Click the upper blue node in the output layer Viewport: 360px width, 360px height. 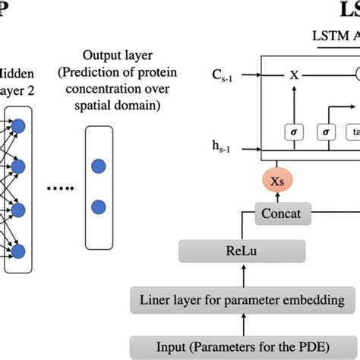point(97,165)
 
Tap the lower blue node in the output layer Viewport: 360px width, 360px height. point(97,207)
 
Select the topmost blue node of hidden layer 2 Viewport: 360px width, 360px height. point(18,125)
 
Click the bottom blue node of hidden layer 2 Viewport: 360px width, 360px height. point(18,249)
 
